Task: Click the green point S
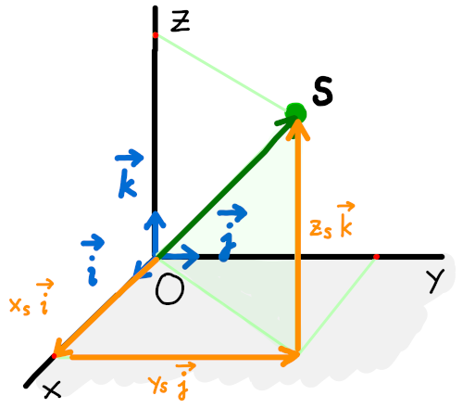[295, 113]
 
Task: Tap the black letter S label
[322, 92]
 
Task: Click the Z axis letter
[181, 21]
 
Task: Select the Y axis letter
[435, 281]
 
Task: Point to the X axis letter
[52, 389]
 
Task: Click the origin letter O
[169, 288]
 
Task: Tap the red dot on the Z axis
[156, 35]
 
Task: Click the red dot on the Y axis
[376, 257]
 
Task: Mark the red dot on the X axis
[54, 356]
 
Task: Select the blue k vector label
[128, 173]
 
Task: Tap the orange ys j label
[171, 381]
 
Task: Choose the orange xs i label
[31, 298]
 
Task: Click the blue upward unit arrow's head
[155, 218]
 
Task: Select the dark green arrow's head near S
[290, 120]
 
